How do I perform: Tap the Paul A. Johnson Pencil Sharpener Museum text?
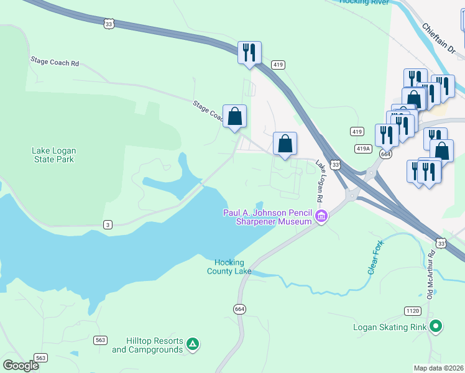[267, 218]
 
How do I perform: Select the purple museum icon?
[321, 217]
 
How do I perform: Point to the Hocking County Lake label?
[229, 267]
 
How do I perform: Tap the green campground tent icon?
[193, 344]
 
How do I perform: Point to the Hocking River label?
[364, 2]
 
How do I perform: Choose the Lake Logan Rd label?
[321, 182]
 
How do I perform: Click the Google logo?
[21, 366]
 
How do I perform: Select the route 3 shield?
[108, 225]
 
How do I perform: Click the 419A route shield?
[363, 149]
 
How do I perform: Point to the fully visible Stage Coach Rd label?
[55, 62]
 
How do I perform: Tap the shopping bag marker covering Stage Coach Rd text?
[234, 117]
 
